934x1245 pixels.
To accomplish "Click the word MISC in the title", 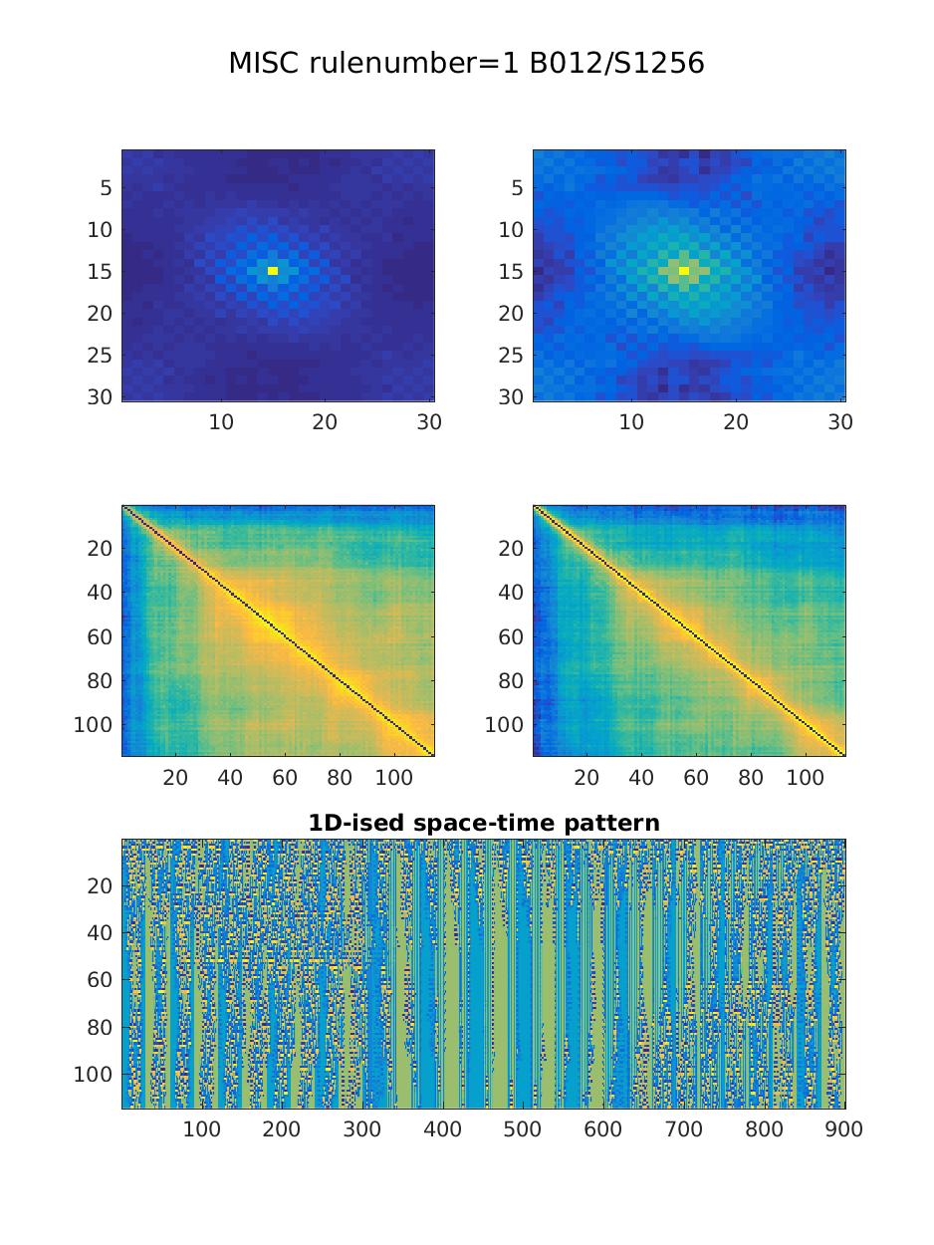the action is pyautogui.click(x=264, y=63).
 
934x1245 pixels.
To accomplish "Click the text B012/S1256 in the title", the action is pyautogui.click(x=617, y=63).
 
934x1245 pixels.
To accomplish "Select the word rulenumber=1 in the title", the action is pyautogui.click(x=414, y=63).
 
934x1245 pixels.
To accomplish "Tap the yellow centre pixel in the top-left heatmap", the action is pyautogui.click(x=273, y=271).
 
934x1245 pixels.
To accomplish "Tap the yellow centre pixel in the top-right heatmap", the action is pyautogui.click(x=684, y=271).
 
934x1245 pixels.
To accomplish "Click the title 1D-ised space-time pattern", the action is pyautogui.click(x=484, y=823).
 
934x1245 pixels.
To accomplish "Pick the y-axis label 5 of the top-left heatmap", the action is pyautogui.click(x=107, y=187).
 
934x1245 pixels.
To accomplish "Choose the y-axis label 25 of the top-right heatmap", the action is pyautogui.click(x=511, y=356).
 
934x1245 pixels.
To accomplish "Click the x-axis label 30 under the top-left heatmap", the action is pyautogui.click(x=429, y=422).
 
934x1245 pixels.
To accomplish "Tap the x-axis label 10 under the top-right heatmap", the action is pyautogui.click(x=631, y=422).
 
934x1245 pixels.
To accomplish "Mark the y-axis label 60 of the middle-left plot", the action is pyautogui.click(x=100, y=637).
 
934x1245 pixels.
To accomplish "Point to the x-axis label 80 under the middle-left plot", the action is pyautogui.click(x=340, y=777).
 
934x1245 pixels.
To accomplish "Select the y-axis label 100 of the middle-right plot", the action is pyautogui.click(x=504, y=725).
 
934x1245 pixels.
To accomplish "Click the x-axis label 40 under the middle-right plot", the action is pyautogui.click(x=641, y=777).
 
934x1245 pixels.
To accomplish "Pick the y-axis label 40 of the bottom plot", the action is pyautogui.click(x=100, y=933).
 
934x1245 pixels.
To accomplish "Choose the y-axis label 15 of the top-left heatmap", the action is pyautogui.click(x=100, y=272).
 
